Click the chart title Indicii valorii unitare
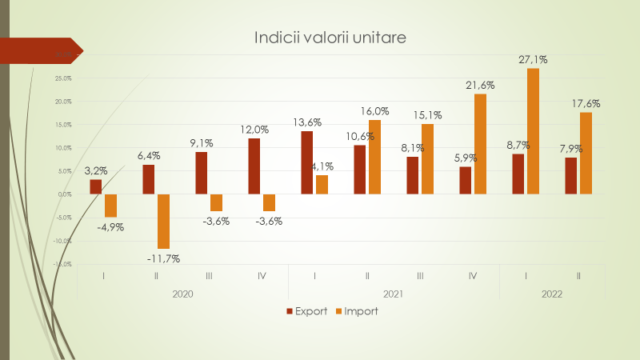click(330, 38)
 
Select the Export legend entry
click(306, 311)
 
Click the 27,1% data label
click(533, 59)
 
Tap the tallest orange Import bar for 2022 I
click(534, 131)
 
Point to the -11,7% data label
click(163, 258)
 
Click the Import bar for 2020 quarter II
click(164, 221)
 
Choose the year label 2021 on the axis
click(392, 294)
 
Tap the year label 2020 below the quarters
click(182, 294)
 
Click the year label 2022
click(551, 294)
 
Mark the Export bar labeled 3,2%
click(96, 186)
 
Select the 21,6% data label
click(480, 85)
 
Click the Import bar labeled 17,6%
click(586, 153)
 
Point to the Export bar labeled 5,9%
click(466, 180)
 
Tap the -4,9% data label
click(110, 227)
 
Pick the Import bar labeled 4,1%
click(322, 184)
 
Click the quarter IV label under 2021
click(473, 276)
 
